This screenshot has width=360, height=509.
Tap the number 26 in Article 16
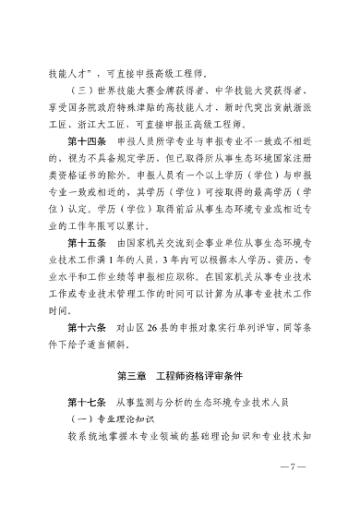click(152, 326)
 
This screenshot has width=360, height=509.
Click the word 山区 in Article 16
click(130, 326)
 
